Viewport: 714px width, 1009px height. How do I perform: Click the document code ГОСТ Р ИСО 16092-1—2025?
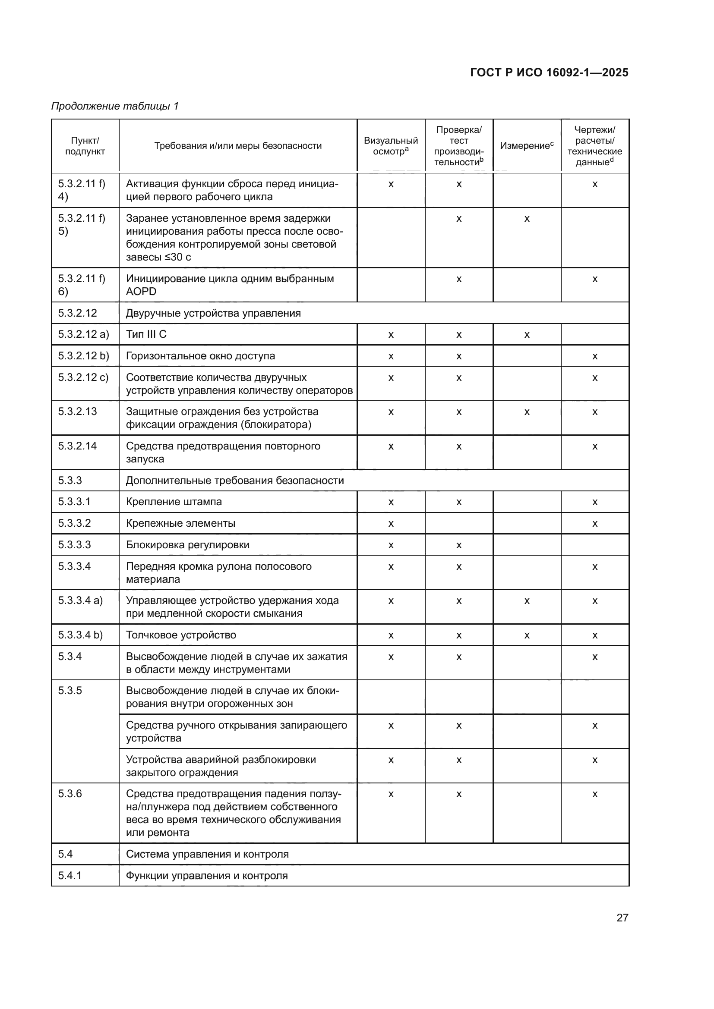coord(549,72)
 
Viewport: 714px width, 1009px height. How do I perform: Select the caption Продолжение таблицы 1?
coord(115,106)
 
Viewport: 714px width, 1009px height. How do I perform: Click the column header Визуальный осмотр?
coord(390,146)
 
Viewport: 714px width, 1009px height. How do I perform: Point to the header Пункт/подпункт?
coord(85,146)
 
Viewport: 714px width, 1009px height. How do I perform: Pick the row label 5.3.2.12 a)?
coord(83,334)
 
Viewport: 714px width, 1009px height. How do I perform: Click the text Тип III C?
coord(146,334)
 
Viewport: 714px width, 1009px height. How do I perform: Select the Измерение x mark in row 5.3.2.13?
coord(527,412)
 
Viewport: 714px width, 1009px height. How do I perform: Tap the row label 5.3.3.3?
coord(74,544)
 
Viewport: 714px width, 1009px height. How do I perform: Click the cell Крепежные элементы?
coord(180,523)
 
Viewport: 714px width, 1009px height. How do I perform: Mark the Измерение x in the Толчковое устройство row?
coord(527,635)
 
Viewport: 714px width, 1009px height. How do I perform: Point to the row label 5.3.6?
coord(70,794)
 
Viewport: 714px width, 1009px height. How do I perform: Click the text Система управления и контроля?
coord(207,854)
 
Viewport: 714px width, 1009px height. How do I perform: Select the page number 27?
coord(622,918)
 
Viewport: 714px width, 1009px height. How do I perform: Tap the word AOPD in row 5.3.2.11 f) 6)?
coord(141,292)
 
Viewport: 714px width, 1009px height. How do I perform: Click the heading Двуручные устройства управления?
coord(213,313)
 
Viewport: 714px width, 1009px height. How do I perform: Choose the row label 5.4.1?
coord(70,875)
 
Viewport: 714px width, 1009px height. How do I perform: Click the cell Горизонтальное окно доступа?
coord(200,355)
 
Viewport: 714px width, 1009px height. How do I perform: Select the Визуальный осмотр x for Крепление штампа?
coord(390,502)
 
